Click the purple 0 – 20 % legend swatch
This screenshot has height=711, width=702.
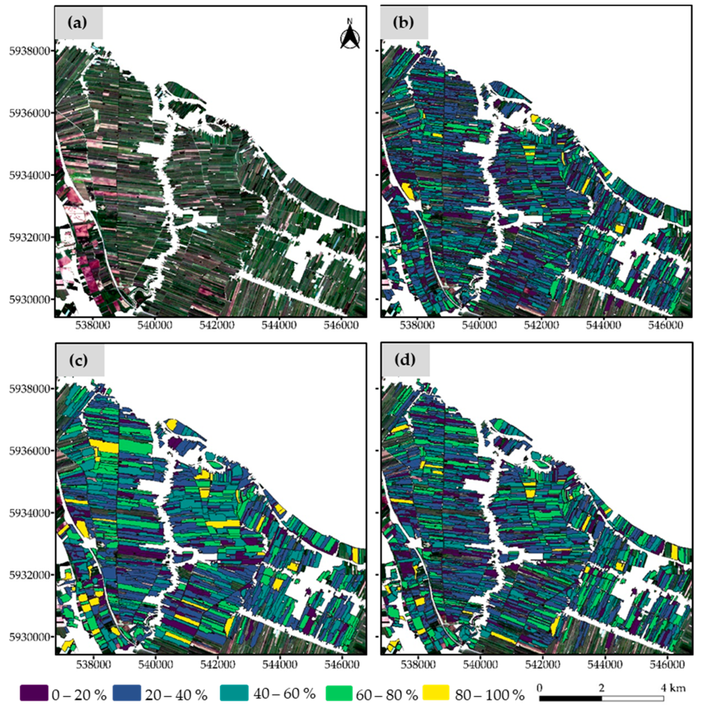point(34,693)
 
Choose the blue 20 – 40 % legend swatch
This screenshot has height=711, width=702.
point(127,693)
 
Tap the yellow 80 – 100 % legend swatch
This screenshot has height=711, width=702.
point(436,693)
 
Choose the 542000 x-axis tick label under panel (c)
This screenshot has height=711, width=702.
point(218,664)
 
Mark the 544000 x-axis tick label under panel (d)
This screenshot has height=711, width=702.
point(604,664)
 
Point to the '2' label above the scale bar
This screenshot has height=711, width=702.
point(601,687)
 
